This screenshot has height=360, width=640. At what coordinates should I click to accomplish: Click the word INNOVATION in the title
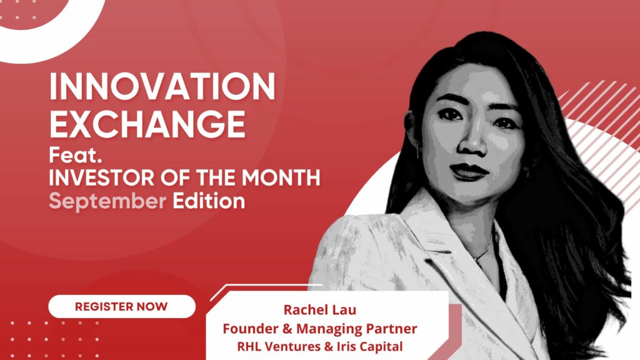[x=162, y=88]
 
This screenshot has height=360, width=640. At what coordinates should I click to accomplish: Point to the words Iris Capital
[x=369, y=346]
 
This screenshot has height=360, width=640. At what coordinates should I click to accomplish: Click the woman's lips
[x=468, y=170]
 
